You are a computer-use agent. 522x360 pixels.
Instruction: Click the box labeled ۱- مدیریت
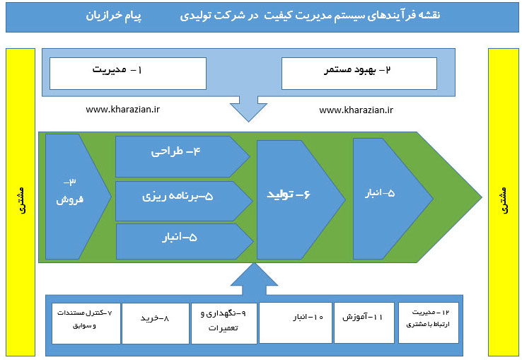point(127,73)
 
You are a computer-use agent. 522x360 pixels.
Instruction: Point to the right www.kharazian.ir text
point(356,110)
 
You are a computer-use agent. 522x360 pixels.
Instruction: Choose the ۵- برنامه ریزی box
point(180,197)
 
